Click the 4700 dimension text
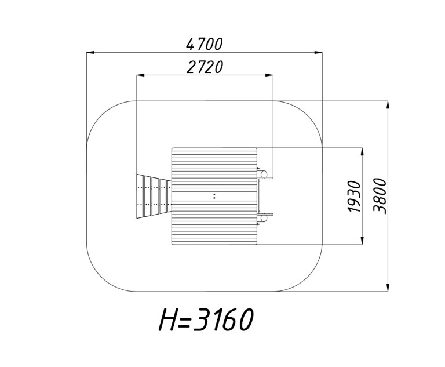click(205, 44)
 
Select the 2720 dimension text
click(205, 67)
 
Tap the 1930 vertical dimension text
click(354, 197)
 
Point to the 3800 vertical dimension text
click(380, 196)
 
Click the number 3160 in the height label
click(224, 319)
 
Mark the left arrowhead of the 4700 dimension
click(90, 53)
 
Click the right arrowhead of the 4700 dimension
click(319, 53)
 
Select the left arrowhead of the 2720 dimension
click(140, 75)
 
